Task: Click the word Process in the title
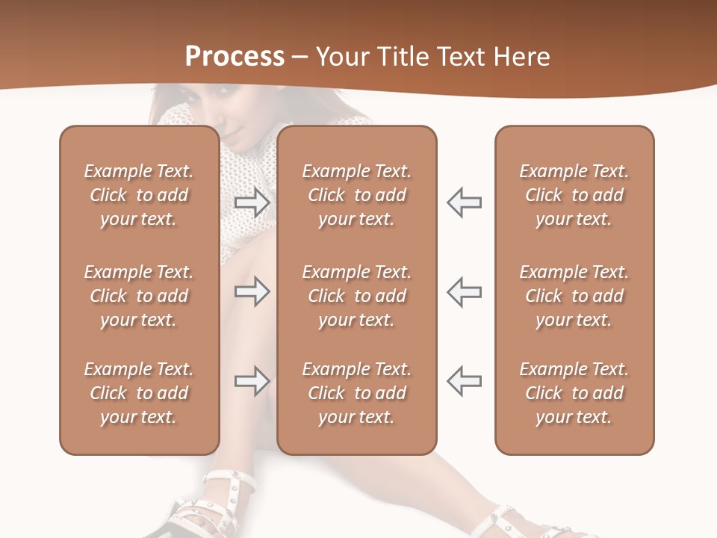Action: [x=235, y=57]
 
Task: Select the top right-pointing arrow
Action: [x=252, y=202]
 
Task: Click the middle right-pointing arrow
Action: [x=252, y=291]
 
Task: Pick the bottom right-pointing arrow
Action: [x=252, y=381]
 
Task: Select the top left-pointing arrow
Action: [x=464, y=202]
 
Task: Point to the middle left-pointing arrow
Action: [x=464, y=291]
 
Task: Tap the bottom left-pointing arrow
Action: [x=464, y=381]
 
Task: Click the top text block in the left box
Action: [x=139, y=195]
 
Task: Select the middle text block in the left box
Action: [x=139, y=296]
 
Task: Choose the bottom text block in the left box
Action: [x=139, y=393]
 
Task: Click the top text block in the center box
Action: [x=357, y=195]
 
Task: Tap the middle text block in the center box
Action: [x=357, y=296]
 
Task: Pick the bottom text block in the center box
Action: [x=357, y=393]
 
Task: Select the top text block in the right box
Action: [x=574, y=195]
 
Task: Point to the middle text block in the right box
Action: [x=574, y=296]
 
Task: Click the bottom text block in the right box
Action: [x=574, y=393]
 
